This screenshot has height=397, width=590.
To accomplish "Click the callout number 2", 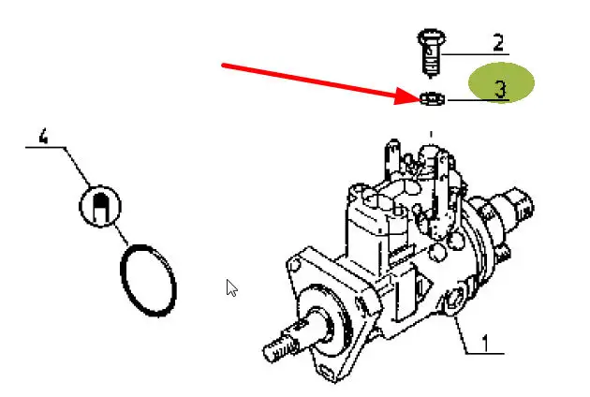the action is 498,42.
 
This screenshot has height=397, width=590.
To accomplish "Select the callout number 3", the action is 500,89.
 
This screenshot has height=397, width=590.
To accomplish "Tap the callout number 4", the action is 44,136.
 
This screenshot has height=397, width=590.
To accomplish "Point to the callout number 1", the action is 486,344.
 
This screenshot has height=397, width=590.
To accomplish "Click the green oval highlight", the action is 501,82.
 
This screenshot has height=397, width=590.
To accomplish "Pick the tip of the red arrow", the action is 420,99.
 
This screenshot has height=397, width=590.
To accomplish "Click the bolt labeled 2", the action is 431,52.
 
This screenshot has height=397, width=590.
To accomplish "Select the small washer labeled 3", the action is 433,99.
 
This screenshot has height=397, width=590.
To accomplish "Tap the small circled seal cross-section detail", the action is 100,206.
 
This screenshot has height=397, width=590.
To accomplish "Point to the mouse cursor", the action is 231,287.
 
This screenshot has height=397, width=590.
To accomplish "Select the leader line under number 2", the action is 475,54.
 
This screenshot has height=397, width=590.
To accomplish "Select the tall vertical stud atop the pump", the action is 392,158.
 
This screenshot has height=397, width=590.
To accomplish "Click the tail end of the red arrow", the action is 223,66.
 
